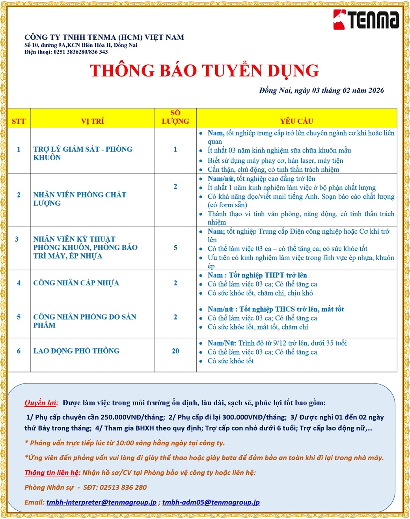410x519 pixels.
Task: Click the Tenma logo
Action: click(x=366, y=20)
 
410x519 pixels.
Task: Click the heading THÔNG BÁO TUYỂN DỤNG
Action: click(x=204, y=71)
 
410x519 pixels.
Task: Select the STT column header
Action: click(x=19, y=121)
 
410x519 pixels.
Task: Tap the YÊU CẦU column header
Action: click(x=296, y=121)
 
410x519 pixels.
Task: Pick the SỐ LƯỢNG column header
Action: click(x=175, y=117)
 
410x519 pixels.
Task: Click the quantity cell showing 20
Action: click(x=175, y=351)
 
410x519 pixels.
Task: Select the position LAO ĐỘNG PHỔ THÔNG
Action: click(x=76, y=351)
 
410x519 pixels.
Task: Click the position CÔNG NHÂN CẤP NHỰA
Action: click(x=76, y=283)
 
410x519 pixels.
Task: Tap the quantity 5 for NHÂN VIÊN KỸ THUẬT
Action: click(x=175, y=247)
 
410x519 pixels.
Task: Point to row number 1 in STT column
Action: click(x=19, y=149)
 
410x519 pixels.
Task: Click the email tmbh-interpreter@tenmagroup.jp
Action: click(x=101, y=502)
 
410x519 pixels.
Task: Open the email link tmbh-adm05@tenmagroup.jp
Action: click(x=211, y=502)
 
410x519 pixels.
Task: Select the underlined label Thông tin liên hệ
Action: click(x=52, y=472)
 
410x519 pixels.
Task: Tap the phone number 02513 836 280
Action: click(x=123, y=487)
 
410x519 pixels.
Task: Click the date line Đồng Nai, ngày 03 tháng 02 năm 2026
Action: click(x=321, y=91)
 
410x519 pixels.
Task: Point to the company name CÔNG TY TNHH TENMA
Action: click(x=104, y=37)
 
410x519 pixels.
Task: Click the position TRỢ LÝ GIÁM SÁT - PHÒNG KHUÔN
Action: click(x=83, y=153)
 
